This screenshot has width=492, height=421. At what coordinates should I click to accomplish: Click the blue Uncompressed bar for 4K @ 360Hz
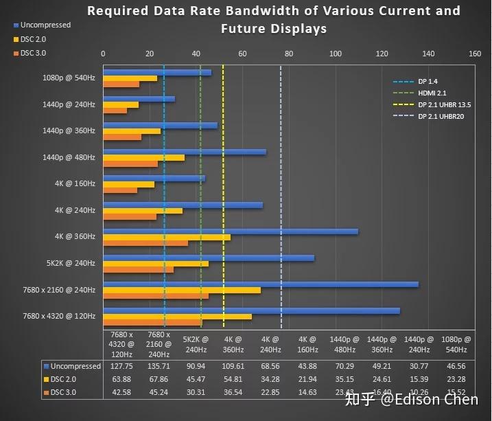[230, 231]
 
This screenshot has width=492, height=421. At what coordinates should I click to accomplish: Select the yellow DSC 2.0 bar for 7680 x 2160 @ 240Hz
[182, 290]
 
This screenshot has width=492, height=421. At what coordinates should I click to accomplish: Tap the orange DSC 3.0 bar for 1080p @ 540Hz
[121, 84]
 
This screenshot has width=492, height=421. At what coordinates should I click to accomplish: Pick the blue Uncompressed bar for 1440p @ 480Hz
[184, 152]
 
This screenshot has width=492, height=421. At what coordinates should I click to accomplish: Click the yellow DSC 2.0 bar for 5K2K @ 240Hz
[156, 264]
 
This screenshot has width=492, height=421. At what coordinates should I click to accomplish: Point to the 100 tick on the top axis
[335, 54]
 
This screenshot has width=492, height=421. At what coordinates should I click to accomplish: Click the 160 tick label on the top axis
[474, 54]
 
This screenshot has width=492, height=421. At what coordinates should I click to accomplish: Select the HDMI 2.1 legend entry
[432, 93]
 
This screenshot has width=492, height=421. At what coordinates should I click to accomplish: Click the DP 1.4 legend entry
[428, 82]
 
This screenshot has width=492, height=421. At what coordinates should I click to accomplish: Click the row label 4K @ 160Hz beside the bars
[75, 184]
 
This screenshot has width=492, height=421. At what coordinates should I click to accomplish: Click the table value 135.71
[159, 366]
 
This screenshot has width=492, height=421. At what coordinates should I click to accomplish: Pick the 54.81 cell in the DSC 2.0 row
[235, 379]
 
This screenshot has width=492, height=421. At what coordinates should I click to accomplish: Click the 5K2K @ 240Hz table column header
[196, 343]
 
